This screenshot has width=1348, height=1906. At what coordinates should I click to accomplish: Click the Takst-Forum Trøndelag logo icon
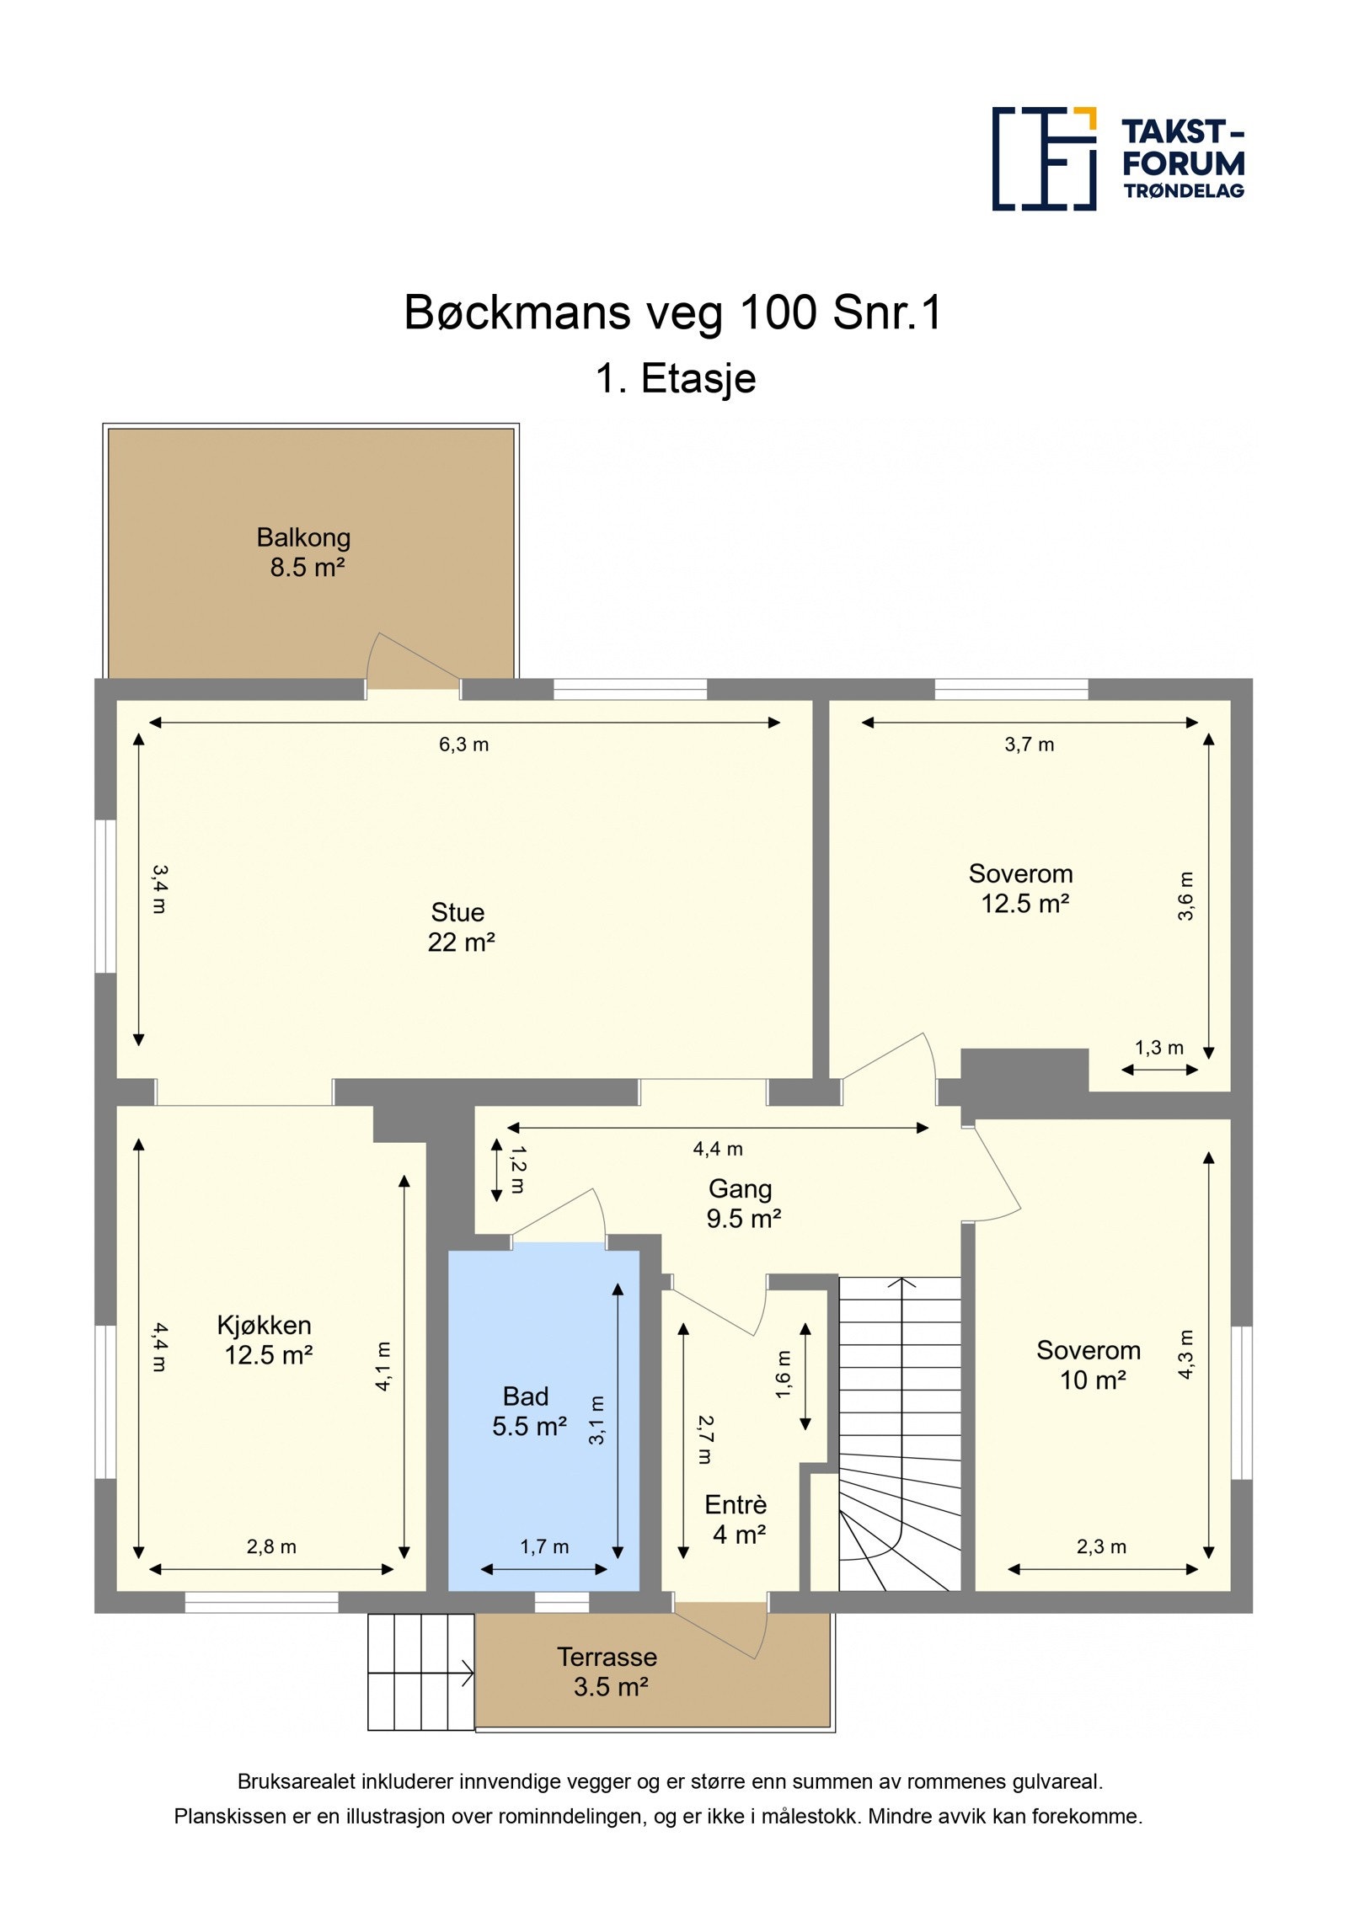(x=1044, y=158)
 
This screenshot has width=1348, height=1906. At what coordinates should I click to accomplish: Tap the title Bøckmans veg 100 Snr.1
(x=673, y=312)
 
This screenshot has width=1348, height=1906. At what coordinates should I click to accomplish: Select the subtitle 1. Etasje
(x=676, y=378)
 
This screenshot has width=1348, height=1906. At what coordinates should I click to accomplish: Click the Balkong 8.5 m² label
(x=304, y=552)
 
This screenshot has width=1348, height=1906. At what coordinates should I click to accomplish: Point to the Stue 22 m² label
(x=460, y=926)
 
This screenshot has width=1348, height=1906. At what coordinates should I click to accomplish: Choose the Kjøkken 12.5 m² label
(x=265, y=1339)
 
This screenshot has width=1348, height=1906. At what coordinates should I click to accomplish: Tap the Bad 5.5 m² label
(x=528, y=1411)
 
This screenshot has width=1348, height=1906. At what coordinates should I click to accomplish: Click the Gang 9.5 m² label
(x=743, y=1203)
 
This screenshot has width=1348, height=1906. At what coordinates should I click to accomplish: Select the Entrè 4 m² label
(x=737, y=1519)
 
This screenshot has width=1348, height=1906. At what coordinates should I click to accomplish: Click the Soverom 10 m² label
(x=1089, y=1364)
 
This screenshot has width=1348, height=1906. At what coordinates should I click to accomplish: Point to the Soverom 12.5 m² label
(x=1022, y=889)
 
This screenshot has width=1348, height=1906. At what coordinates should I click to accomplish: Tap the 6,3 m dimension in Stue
(x=463, y=745)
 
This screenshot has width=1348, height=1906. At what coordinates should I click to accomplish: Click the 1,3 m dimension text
(x=1159, y=1048)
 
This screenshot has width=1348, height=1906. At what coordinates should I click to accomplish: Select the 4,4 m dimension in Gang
(x=718, y=1149)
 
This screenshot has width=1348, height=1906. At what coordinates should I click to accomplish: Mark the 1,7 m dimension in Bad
(x=544, y=1546)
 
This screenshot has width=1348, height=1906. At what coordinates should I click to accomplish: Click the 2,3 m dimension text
(x=1101, y=1546)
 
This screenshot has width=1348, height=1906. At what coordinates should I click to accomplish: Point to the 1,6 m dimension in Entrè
(x=784, y=1375)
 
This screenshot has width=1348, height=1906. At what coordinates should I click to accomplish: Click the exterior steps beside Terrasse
(x=421, y=1672)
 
